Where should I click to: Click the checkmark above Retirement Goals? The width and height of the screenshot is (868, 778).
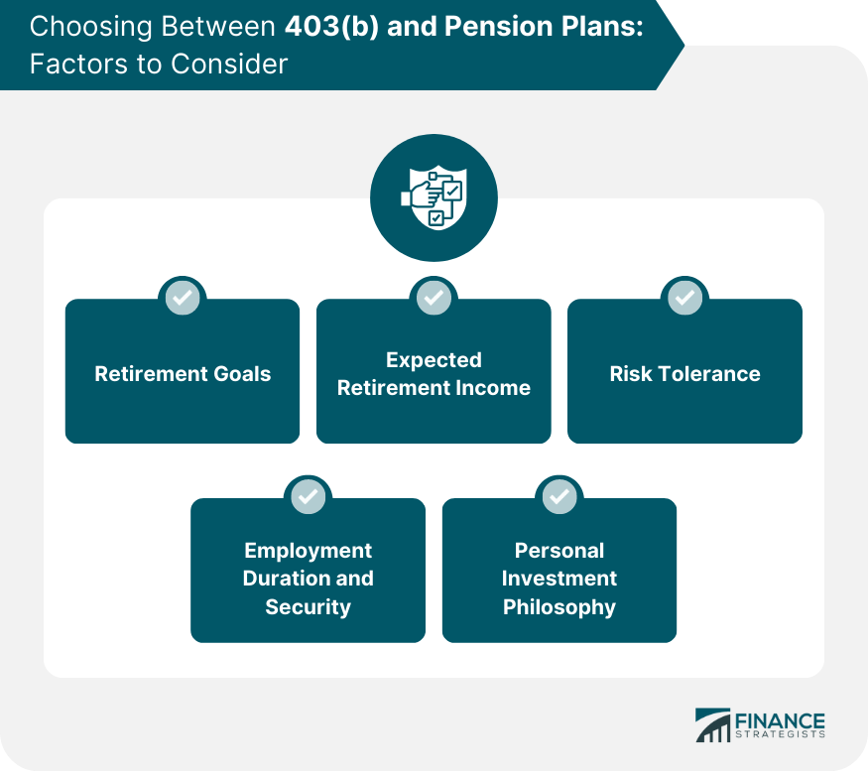pos(183,297)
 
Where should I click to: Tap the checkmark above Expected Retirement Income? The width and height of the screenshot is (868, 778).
pos(434,297)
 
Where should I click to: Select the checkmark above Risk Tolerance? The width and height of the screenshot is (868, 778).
pos(684,297)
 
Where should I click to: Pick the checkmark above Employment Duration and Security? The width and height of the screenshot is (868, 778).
pos(309,495)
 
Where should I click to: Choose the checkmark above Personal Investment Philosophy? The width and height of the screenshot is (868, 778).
pos(559,495)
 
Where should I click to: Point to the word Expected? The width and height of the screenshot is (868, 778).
pos(434,360)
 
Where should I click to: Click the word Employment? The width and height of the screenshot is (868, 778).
pos(309,551)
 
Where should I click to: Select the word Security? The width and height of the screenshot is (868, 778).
pos(309,606)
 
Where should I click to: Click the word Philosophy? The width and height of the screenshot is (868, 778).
pos(559,606)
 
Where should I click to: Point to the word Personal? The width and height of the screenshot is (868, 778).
pos(559,551)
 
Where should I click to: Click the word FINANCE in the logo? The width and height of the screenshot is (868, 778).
pos(780,720)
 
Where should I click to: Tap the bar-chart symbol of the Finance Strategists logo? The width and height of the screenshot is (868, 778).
pos(712,726)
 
